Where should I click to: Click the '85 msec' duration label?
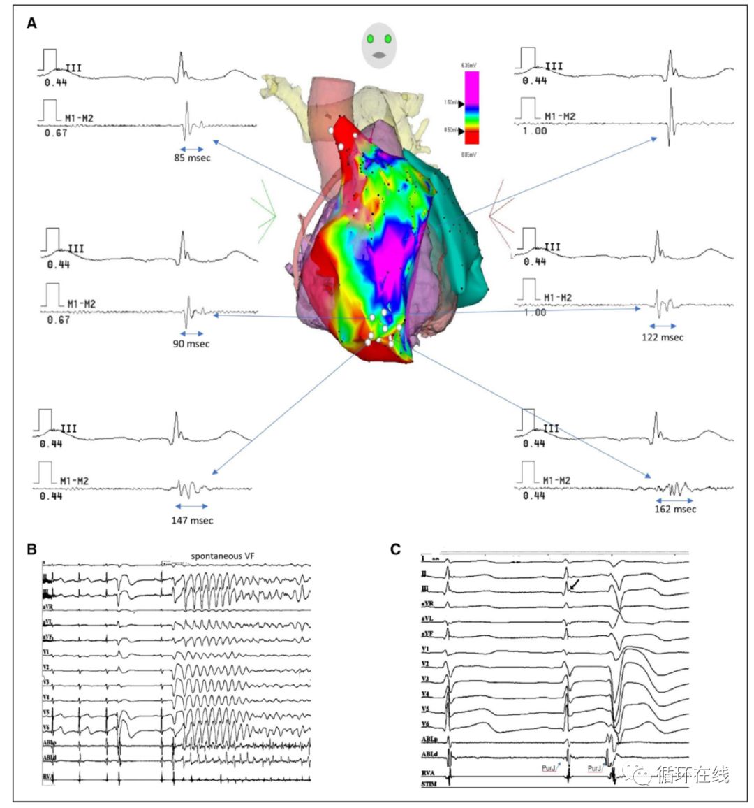coord(192,158)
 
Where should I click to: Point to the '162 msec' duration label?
coord(675,509)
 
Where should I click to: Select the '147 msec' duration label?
coord(192,520)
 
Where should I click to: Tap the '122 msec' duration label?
coord(663,337)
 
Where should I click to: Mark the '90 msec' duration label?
coord(191,344)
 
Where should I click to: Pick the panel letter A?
coord(31,24)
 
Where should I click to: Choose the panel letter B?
coord(31,549)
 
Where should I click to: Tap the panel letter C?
coord(396,549)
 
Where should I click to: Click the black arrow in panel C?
coord(573,584)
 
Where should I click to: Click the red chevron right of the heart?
coord(501,214)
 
